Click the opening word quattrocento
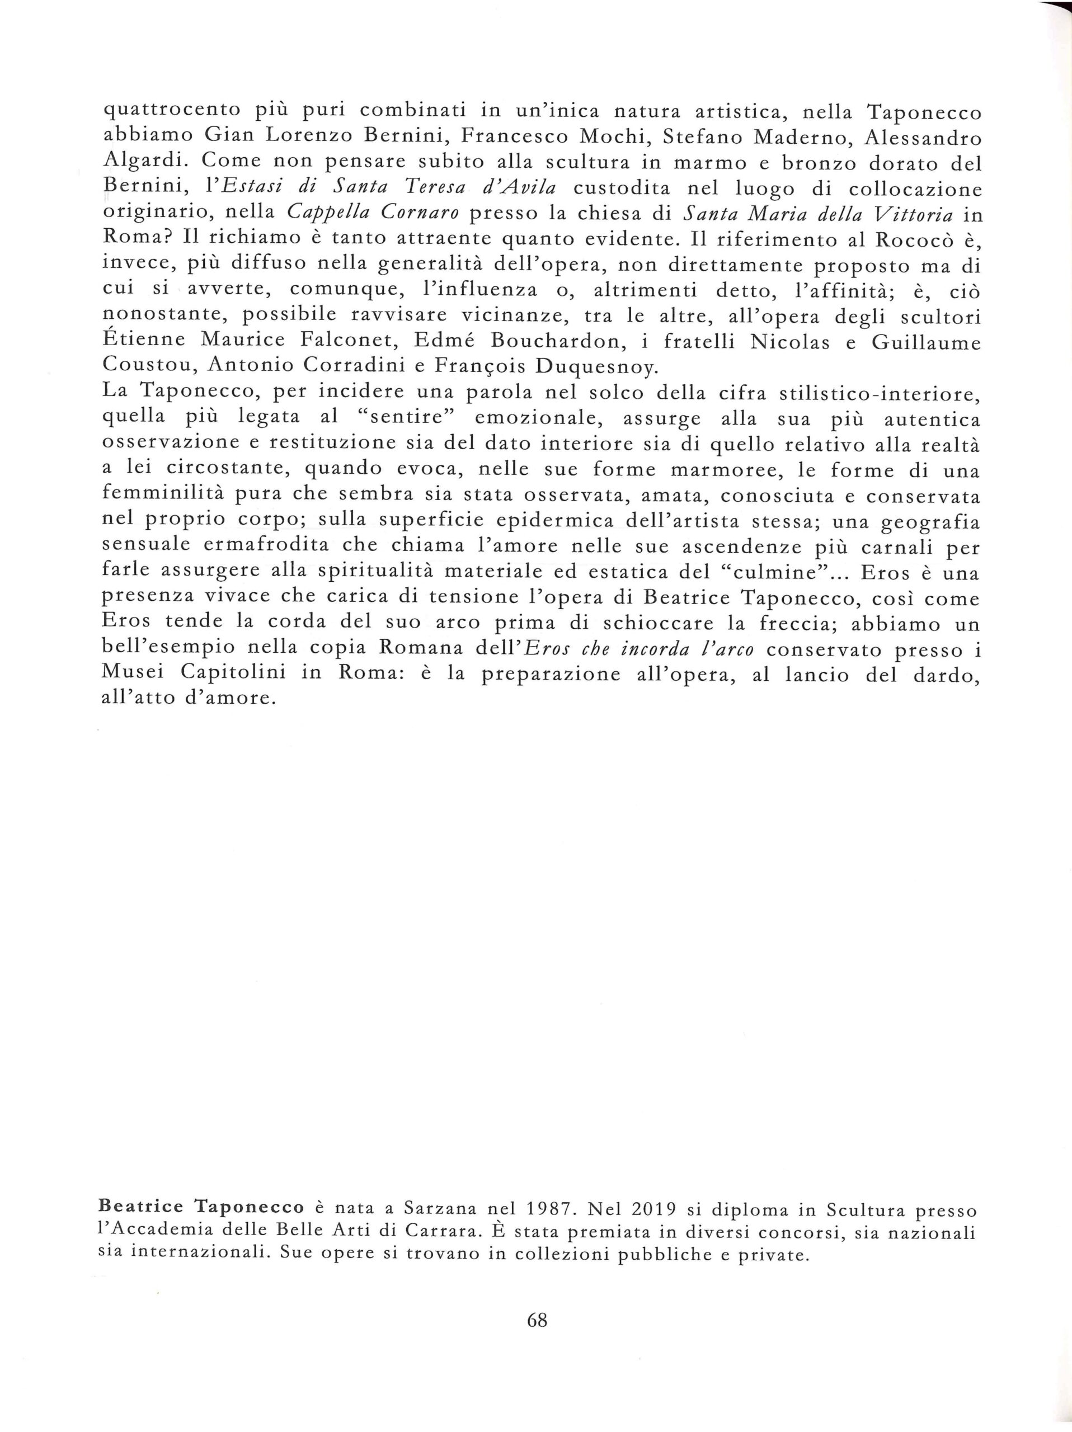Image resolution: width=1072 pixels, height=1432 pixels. (172, 111)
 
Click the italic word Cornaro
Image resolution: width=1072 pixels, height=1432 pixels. (413, 213)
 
